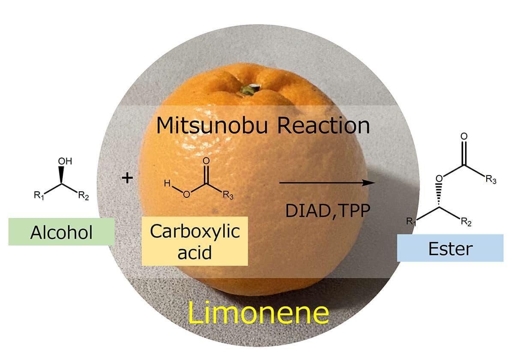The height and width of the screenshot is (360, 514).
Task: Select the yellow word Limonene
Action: click(258, 314)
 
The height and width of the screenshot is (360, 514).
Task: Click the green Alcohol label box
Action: click(61, 232)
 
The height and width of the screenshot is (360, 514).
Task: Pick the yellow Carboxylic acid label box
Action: click(195, 241)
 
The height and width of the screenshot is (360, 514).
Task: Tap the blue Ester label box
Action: click(450, 248)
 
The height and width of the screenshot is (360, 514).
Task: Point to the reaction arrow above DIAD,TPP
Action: click(326, 183)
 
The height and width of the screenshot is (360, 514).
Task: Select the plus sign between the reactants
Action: click(127, 178)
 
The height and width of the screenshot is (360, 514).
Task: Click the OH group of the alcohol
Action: click(65, 162)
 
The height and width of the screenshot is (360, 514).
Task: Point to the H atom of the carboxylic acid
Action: click(167, 184)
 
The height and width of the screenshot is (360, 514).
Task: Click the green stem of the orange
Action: click(247, 89)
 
